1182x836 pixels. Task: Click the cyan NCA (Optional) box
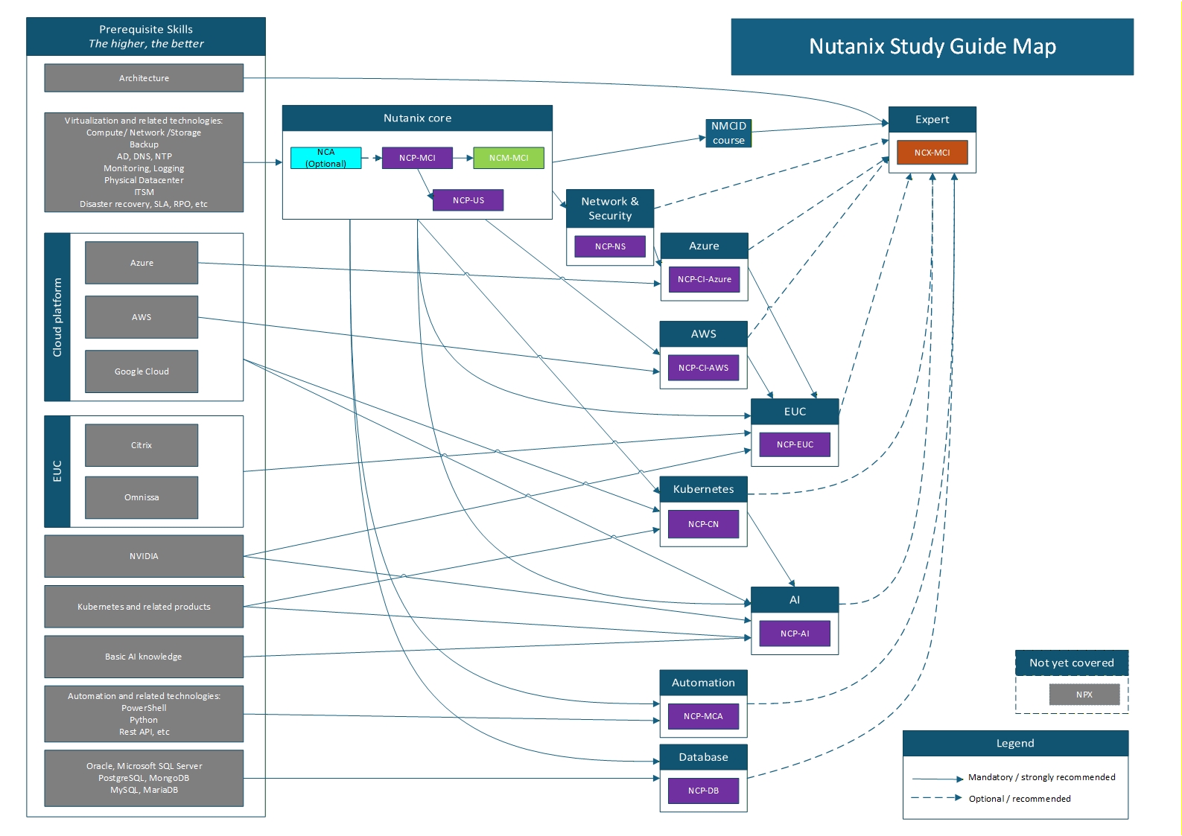(x=325, y=158)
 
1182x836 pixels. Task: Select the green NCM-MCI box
(x=509, y=158)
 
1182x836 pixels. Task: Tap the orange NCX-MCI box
(x=932, y=153)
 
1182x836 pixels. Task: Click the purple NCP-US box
(x=468, y=200)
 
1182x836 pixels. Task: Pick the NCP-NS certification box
(x=610, y=246)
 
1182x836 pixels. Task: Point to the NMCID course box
(x=728, y=133)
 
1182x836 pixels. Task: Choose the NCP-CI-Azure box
(x=704, y=279)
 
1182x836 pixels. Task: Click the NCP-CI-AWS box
(x=703, y=368)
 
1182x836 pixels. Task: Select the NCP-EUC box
(x=795, y=444)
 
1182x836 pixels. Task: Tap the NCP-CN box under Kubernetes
(x=703, y=524)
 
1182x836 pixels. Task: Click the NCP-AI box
(x=795, y=634)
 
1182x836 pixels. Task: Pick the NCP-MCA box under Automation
(x=703, y=716)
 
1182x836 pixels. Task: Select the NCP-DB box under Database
(x=703, y=791)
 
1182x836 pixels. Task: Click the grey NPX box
(x=1084, y=695)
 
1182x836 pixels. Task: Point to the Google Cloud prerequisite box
(x=142, y=371)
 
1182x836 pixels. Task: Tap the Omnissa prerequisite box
(x=142, y=497)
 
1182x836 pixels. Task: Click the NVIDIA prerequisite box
(x=144, y=556)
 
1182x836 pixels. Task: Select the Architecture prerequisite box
(x=144, y=78)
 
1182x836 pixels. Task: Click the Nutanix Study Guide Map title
(x=932, y=47)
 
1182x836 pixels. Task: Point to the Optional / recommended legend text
(x=1019, y=799)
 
